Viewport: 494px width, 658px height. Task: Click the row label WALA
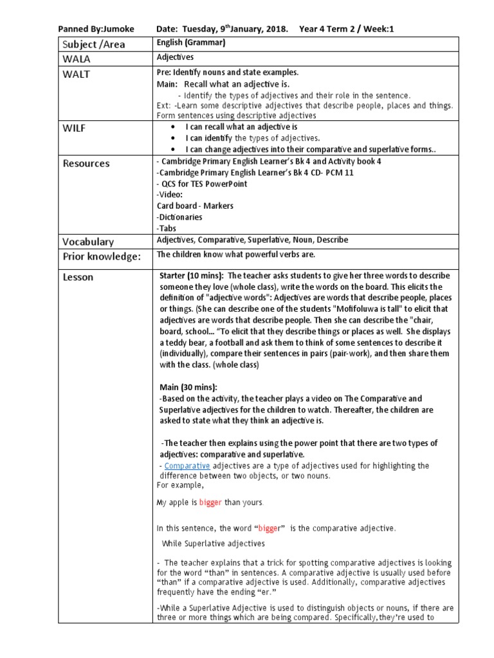(77, 59)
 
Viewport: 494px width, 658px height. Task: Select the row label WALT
(77, 74)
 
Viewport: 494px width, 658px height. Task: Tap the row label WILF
(74, 129)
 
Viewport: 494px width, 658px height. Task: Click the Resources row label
(86, 163)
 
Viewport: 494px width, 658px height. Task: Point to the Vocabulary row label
(88, 242)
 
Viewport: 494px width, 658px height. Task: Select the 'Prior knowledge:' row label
(101, 256)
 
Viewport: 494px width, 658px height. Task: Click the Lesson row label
(78, 277)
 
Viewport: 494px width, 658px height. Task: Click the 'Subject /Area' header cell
(93, 44)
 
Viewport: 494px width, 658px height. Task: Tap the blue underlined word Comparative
(187, 465)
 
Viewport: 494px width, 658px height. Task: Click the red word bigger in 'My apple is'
(210, 502)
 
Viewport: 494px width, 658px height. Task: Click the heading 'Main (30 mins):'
(188, 387)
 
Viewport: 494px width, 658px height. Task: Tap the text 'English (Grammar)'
(191, 42)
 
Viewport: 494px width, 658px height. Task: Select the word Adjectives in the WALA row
(176, 57)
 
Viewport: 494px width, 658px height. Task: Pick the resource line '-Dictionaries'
(179, 217)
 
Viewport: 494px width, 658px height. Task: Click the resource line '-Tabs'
(166, 228)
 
